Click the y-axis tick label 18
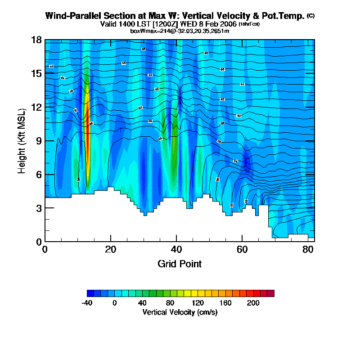click(36, 40)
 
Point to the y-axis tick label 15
click(36, 73)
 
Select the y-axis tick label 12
click(36, 107)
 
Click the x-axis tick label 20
click(111, 248)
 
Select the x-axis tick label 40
click(176, 248)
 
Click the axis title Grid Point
click(180, 264)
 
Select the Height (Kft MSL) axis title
click(21, 141)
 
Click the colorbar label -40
click(87, 303)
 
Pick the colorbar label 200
click(253, 303)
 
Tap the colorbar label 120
click(198, 303)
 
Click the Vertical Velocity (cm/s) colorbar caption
click(180, 312)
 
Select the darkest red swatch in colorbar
click(270, 293)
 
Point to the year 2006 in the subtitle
click(227, 23)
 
